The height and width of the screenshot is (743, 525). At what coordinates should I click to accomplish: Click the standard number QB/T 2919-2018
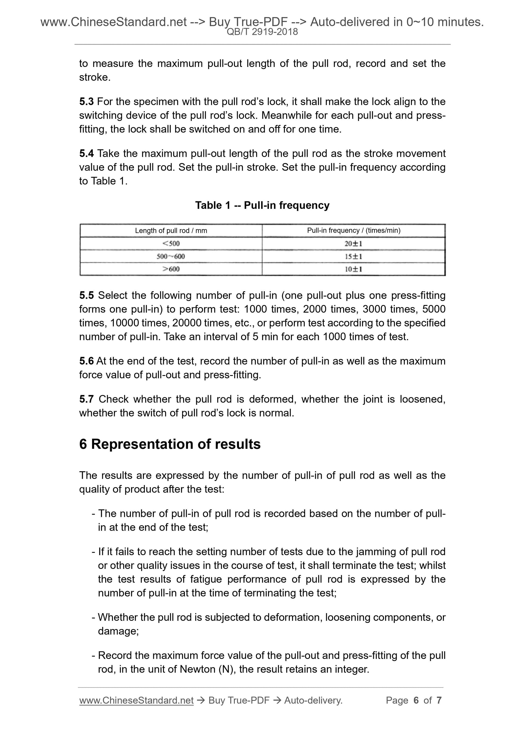click(x=262, y=32)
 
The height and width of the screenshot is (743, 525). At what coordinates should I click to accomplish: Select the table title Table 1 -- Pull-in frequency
click(x=262, y=205)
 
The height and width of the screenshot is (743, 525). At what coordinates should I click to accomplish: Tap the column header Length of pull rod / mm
click(x=171, y=231)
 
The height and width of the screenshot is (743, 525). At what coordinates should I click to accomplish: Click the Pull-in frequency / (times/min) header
click(x=354, y=230)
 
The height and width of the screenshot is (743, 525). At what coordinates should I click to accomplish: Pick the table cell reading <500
click(x=171, y=243)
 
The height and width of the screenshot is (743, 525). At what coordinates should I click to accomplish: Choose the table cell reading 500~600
click(x=171, y=256)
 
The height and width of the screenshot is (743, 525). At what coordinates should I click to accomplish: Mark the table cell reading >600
click(x=171, y=269)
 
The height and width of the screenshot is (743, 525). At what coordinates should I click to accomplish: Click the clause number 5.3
click(x=86, y=101)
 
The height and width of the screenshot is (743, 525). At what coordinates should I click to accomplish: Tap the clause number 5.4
click(x=86, y=153)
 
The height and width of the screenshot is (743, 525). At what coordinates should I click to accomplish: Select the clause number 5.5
click(x=86, y=296)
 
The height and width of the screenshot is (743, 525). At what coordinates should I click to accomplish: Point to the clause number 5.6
click(x=86, y=361)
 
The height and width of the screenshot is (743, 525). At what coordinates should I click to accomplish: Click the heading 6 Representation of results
click(x=170, y=444)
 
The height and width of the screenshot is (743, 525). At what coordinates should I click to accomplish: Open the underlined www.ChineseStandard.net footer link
click(x=136, y=700)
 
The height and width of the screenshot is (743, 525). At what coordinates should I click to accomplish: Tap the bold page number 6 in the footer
click(x=416, y=700)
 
